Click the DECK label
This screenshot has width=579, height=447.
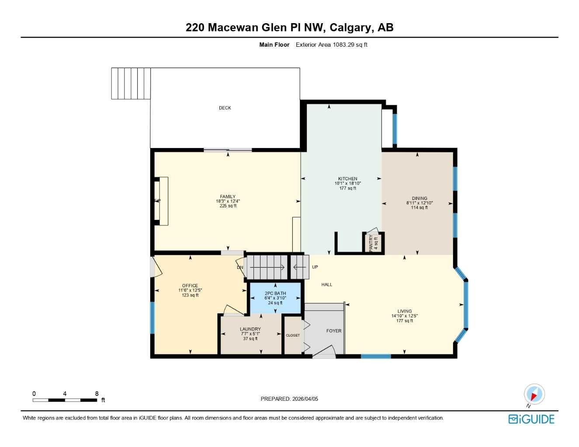click(x=225, y=108)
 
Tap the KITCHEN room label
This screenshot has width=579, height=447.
click(x=347, y=179)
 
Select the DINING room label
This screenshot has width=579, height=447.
click(x=419, y=198)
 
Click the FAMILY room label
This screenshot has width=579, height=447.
click(x=228, y=196)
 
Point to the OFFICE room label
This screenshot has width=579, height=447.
click(x=190, y=285)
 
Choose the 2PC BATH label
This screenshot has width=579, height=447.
click(x=275, y=293)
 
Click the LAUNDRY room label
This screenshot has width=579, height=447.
click(x=250, y=329)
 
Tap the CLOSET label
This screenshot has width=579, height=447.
click(x=293, y=335)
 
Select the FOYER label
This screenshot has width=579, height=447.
click(x=334, y=331)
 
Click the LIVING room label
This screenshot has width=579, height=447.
click(x=404, y=311)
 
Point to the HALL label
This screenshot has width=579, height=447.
click(x=327, y=285)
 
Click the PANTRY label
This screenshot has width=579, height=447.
click(x=371, y=243)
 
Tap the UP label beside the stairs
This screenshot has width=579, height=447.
click(x=315, y=267)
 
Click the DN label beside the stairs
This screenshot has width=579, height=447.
click(x=240, y=268)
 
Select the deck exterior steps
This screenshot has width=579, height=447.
click(x=131, y=83)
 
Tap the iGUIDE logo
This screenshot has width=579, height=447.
click(x=531, y=419)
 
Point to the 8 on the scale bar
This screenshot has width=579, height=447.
click(x=97, y=394)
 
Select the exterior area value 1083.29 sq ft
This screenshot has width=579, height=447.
click(x=350, y=45)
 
